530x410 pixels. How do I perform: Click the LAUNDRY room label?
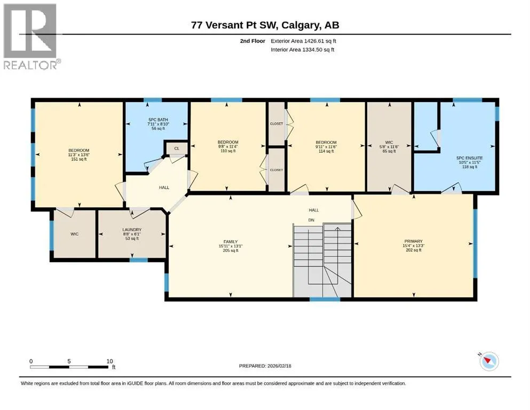tap(132, 234)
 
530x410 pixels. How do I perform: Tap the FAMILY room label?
tap(231, 246)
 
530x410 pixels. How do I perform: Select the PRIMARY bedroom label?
tap(414, 246)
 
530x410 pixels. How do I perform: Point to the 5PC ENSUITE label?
tap(470, 162)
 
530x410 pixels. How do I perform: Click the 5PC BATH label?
tap(158, 124)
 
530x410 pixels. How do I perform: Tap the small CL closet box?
tap(177, 148)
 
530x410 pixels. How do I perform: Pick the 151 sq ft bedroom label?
tap(79, 155)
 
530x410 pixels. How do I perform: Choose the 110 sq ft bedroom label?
tap(228, 147)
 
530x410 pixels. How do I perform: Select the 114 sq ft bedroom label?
tap(326, 147)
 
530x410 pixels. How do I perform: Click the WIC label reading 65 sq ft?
tap(389, 147)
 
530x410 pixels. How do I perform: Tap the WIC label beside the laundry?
tap(74, 234)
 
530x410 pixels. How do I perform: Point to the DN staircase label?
tap(311, 220)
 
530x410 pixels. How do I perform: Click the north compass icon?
tap(488, 361)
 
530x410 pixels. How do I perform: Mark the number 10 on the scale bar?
tap(109, 361)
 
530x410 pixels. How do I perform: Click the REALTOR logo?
tap(31, 36)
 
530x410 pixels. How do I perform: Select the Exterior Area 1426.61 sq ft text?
tap(303, 41)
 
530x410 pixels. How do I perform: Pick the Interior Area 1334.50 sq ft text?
tap(302, 50)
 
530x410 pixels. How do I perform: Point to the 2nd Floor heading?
tap(252, 41)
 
